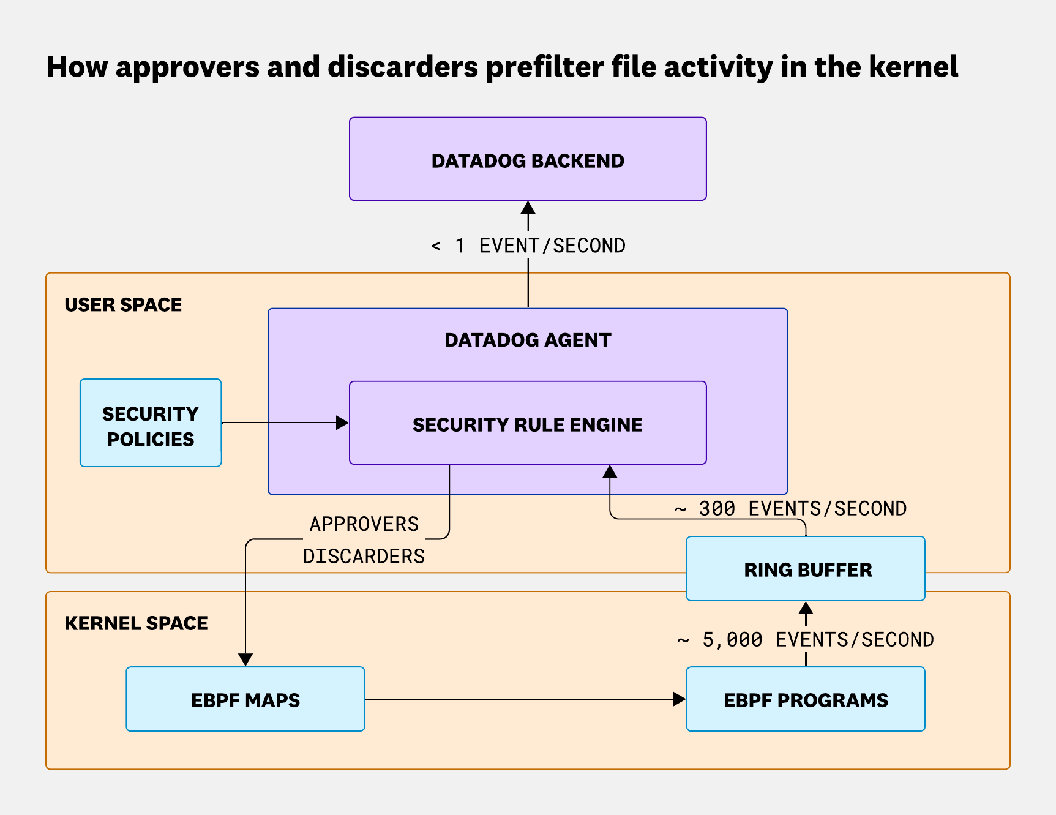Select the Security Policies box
click(x=151, y=423)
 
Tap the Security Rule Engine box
click(x=528, y=424)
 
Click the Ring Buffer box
click(x=806, y=569)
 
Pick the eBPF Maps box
click(x=245, y=699)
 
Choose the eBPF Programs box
click(x=806, y=699)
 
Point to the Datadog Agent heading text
click(x=528, y=340)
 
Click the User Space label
click(x=123, y=304)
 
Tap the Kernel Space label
click(x=136, y=623)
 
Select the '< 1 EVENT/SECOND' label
click(x=528, y=246)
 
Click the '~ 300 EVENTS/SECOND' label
click(x=790, y=508)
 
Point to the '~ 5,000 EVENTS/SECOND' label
click(x=806, y=639)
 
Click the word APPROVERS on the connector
click(x=364, y=524)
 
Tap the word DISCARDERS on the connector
click(x=364, y=556)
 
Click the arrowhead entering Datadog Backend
click(x=528, y=208)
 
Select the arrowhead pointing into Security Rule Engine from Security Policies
click(x=342, y=423)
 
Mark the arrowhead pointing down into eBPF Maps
click(x=245, y=659)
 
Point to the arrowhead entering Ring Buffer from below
click(x=806, y=608)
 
